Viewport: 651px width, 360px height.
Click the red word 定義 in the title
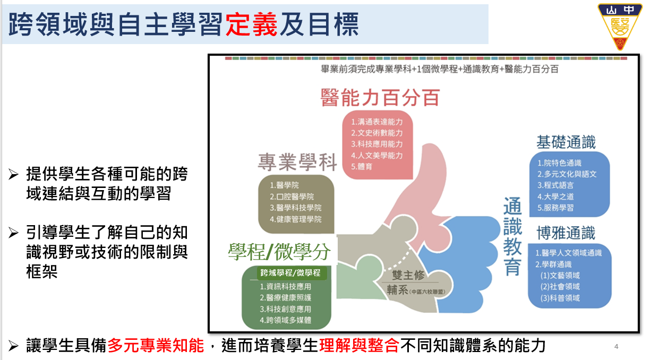251,24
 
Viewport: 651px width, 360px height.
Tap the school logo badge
620,26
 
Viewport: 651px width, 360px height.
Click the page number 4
616,346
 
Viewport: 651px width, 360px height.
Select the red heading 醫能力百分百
380,98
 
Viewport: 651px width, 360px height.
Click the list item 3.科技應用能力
376,144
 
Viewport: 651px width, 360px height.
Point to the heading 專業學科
297,162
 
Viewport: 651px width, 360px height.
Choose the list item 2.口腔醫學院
292,196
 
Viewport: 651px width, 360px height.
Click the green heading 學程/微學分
279,252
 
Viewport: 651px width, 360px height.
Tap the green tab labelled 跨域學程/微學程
290,273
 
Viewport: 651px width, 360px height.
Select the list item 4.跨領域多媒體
285,320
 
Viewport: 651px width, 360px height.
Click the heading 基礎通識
566,142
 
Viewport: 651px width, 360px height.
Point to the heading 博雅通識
566,233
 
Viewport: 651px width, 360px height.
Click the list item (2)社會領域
560,287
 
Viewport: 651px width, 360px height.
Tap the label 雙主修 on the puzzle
408,275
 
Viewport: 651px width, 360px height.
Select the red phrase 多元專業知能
156,345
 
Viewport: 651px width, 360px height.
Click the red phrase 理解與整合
359,345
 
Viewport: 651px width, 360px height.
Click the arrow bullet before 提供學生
13,174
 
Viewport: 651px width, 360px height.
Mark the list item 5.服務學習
555,208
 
